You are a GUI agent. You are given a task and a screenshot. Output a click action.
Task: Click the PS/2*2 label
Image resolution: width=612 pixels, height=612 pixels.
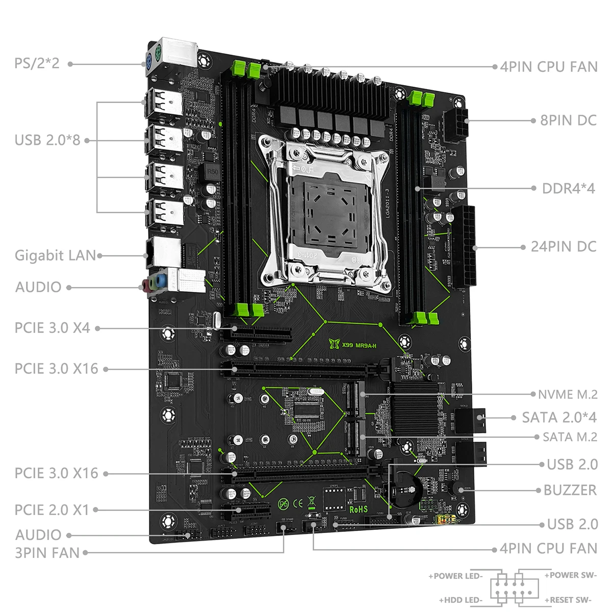37,63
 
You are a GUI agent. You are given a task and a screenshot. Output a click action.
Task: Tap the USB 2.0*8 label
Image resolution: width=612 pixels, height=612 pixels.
47,140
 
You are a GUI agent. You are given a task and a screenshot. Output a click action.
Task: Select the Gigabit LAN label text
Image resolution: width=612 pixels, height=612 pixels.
55,255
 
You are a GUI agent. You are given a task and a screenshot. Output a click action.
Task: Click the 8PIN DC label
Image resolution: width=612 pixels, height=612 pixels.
568,120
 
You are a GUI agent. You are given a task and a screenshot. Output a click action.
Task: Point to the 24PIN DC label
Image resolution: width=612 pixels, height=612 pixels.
564,246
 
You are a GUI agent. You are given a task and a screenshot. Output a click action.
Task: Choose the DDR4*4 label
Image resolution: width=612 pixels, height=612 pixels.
568,188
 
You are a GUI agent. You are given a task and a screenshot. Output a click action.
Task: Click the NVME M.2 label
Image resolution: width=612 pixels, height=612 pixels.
568,394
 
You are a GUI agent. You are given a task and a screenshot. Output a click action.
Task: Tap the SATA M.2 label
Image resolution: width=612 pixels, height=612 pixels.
570,437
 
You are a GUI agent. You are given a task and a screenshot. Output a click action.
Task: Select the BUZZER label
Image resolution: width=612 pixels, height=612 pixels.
570,490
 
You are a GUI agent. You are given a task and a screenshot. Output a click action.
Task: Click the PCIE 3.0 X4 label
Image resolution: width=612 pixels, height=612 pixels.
52,328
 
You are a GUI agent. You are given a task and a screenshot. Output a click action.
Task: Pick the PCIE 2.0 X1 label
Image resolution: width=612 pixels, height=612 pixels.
52,509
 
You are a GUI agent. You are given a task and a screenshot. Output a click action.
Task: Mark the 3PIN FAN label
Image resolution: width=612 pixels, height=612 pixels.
47,553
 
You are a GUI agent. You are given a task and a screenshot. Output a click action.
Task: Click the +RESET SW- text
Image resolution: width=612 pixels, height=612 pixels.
570,600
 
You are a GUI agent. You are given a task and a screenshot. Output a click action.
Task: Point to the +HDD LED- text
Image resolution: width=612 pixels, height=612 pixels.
461,600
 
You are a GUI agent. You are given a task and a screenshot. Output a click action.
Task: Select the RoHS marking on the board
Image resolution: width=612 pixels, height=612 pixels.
359,509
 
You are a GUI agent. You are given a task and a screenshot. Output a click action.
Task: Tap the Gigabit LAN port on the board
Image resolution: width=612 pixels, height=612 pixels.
162,252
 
